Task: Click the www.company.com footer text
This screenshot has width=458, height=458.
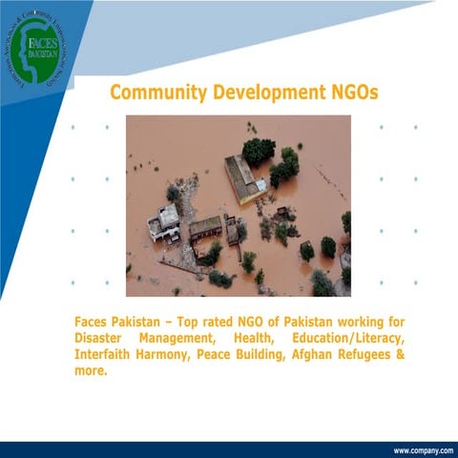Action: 423,449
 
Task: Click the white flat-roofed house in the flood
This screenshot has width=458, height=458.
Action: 165,223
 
